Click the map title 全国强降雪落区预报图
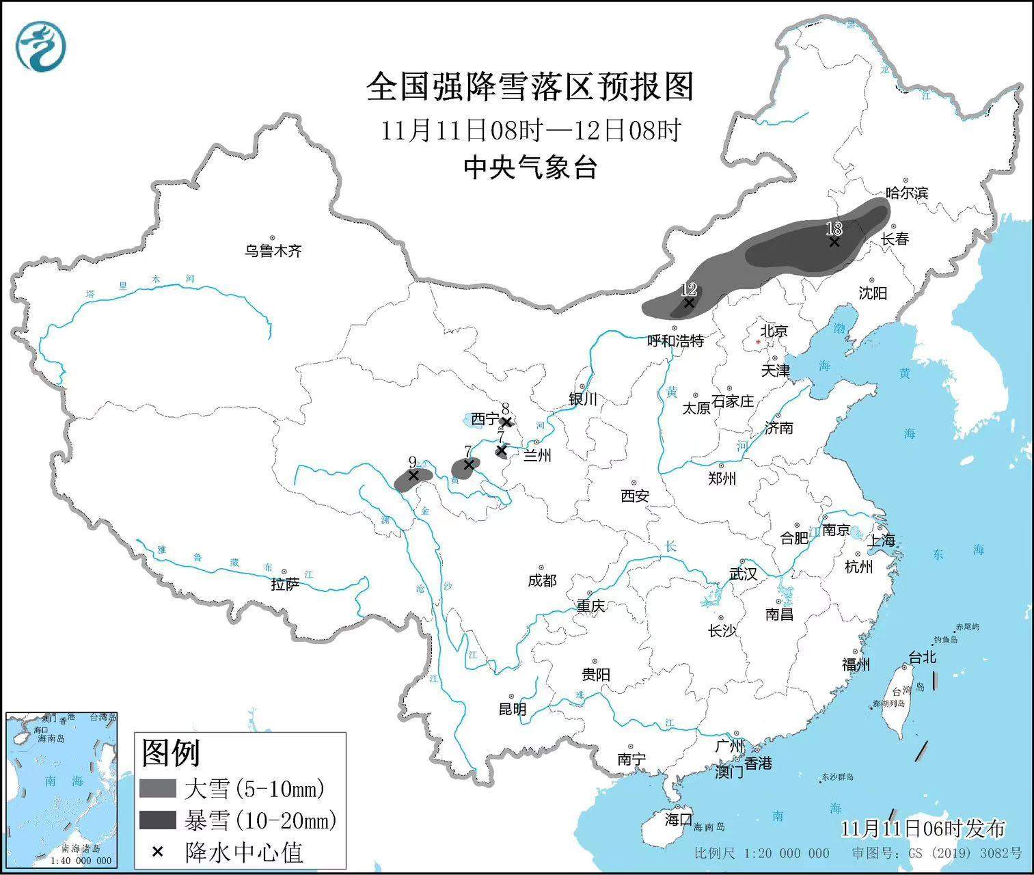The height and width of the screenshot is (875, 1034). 530,87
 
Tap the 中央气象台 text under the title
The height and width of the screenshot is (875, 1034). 530,167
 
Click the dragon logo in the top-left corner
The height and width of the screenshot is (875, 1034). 42,46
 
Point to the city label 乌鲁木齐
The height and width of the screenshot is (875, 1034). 273,251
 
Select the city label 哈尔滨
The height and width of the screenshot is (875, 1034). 907,193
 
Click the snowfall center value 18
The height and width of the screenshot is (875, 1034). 833,229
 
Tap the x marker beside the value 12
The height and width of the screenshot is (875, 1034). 689,303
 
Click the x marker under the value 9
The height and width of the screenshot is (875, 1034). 413,475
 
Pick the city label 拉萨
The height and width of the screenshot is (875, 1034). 285,584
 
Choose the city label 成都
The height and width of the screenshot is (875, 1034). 542,580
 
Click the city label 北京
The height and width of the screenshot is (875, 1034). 774,331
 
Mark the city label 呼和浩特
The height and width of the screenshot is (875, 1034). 675,340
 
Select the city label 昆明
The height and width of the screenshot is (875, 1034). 512,709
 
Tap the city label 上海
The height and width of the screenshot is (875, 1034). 881,540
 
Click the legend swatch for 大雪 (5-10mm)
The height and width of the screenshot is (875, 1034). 158,789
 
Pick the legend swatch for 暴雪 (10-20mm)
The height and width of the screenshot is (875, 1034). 158,820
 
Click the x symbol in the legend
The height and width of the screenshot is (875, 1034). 157,851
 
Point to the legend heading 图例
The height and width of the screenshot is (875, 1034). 171,753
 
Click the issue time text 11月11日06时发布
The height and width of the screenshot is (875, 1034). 923,829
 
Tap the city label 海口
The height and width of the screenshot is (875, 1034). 679,818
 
